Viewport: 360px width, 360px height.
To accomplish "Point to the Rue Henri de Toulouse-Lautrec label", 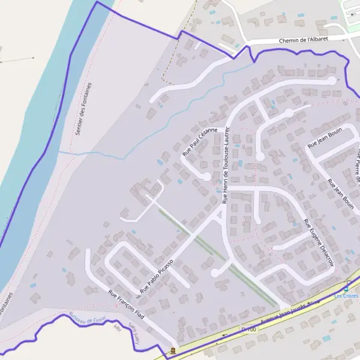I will click(x=226, y=165).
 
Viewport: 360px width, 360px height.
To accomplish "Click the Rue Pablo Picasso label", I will click(x=157, y=276).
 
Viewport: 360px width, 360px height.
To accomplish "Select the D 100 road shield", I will click(x=248, y=330).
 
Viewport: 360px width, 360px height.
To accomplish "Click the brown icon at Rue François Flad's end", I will click(x=173, y=350).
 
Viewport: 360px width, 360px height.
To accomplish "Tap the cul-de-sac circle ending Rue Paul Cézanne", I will click(x=207, y=176).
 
